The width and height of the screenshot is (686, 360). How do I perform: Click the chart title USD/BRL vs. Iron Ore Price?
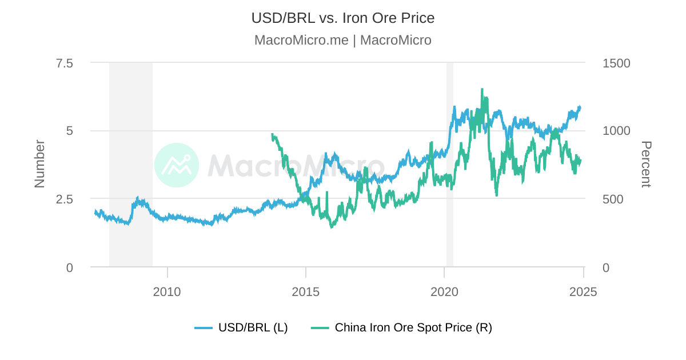pyautogui.click(x=343, y=18)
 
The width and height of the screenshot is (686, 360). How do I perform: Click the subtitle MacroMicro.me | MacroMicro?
pyautogui.click(x=343, y=40)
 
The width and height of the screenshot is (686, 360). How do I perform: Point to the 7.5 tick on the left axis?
pyautogui.click(x=64, y=63)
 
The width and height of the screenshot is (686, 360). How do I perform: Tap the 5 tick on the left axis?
pyautogui.click(x=69, y=131)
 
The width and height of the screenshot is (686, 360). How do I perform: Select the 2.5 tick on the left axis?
pyautogui.click(x=64, y=199)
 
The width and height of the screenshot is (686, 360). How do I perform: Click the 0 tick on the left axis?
pyautogui.click(x=69, y=267)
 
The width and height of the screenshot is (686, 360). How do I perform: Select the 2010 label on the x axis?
pyautogui.click(x=167, y=292)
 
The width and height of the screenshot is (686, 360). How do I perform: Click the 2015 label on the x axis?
pyautogui.click(x=306, y=292)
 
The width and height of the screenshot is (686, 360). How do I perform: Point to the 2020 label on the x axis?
pyautogui.click(x=444, y=292)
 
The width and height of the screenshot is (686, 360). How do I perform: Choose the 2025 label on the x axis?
pyautogui.click(x=583, y=292)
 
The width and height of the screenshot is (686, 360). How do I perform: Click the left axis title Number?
pyautogui.click(x=39, y=164)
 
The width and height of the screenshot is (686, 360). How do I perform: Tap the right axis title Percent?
pyautogui.click(x=645, y=164)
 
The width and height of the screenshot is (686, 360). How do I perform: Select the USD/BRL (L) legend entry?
pyautogui.click(x=241, y=327)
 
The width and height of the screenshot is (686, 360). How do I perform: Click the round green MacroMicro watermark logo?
pyautogui.click(x=177, y=165)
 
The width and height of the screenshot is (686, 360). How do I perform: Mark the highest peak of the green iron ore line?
pyautogui.click(x=482, y=89)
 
